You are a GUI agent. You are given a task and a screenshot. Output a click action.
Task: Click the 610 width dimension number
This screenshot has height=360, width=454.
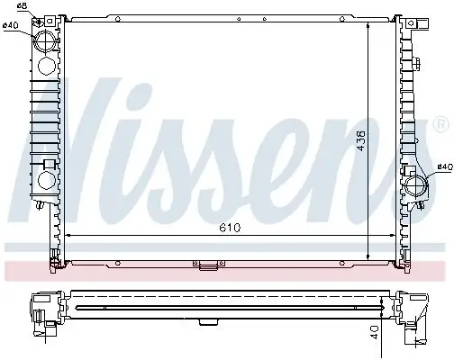tap(232, 229)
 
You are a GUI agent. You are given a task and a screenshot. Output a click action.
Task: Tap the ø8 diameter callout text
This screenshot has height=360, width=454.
tap(22, 7)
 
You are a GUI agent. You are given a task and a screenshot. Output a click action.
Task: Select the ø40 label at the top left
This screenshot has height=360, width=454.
tap(11, 24)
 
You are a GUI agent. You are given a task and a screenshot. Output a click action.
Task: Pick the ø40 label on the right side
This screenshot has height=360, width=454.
tap(443, 166)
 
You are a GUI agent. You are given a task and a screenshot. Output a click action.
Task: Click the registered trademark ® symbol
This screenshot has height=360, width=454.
tap(440, 122)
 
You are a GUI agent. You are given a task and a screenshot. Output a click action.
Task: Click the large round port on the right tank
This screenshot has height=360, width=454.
tap(415, 186)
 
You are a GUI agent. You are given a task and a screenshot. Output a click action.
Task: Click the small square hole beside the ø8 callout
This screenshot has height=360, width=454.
tap(40, 17)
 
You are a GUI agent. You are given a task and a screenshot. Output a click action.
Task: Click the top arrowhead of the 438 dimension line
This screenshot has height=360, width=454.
tap(369, 23)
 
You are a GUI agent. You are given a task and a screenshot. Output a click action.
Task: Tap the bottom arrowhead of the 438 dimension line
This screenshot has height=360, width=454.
tap(369, 256)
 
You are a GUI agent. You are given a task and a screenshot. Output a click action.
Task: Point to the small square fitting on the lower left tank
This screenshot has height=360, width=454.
tap(40, 206)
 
